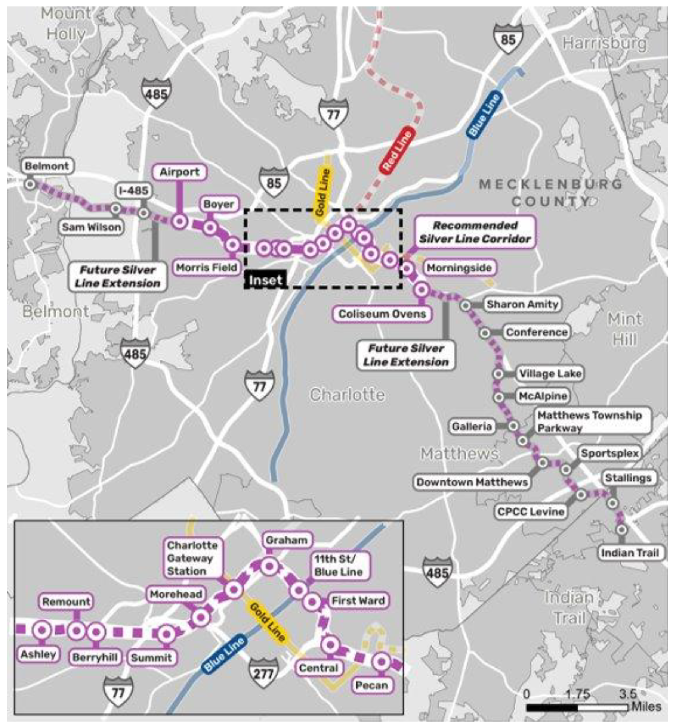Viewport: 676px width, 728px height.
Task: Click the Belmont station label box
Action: coord(47,166)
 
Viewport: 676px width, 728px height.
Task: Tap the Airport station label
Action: coord(180,172)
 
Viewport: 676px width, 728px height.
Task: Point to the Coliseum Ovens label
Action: coord(382,314)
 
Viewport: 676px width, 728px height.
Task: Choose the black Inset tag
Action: coord(265,280)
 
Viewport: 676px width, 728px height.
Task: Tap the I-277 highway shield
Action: coord(264,674)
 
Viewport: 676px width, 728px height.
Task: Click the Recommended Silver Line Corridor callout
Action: coord(475,232)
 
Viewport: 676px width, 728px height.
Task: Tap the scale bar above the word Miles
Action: coord(577,707)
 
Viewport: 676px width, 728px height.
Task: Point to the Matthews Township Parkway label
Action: coord(590,421)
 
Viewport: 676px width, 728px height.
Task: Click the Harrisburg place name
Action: coord(604,43)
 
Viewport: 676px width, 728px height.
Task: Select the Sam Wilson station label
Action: coord(92,227)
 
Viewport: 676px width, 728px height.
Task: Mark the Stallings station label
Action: coord(628,478)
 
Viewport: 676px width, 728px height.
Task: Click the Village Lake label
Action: coord(550,374)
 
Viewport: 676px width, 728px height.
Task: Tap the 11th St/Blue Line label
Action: coord(338,566)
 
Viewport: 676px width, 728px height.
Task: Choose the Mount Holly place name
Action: coord(66,24)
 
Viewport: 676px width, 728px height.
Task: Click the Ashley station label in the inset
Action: coord(38,654)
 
